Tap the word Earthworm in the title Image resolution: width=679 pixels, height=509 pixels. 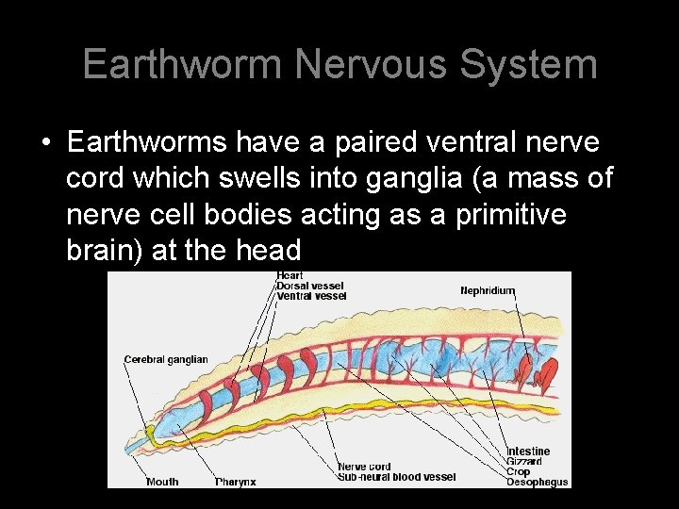(182, 65)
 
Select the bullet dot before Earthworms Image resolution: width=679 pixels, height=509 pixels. (45, 143)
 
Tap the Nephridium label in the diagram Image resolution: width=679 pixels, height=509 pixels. (488, 290)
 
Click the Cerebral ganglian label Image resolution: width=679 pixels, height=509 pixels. (166, 359)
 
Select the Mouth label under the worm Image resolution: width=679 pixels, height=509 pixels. (162, 482)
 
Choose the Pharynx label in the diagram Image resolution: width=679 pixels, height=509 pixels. (236, 482)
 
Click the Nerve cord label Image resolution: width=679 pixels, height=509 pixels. (364, 467)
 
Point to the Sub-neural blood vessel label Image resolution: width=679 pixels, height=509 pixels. (396, 477)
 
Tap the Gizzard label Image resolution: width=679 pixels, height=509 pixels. (524, 462)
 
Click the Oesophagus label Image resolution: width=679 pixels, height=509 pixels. (538, 483)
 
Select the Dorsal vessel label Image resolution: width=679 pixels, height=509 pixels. (310, 286)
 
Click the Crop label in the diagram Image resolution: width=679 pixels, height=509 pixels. (520, 472)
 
